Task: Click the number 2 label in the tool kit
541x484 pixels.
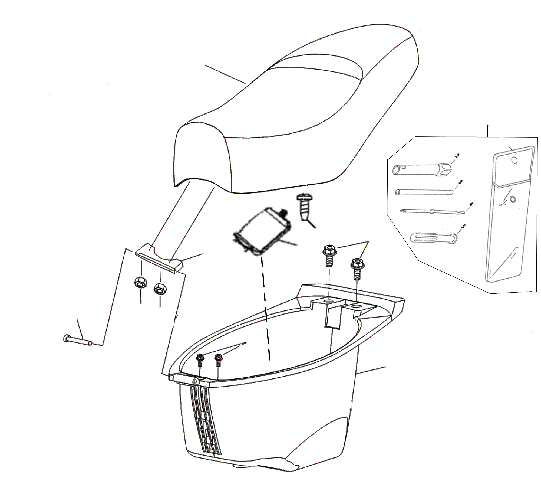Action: [457, 156]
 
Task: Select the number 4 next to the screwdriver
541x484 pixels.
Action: [471, 205]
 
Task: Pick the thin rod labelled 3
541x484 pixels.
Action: [425, 192]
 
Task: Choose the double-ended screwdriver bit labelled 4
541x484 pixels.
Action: [432, 211]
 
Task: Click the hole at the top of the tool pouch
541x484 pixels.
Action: [515, 161]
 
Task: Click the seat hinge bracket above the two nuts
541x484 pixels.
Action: [159, 258]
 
